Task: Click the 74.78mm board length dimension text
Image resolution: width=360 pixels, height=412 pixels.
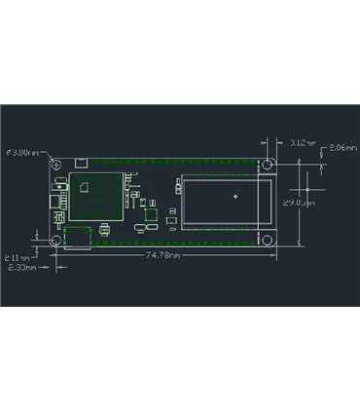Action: [x=163, y=255]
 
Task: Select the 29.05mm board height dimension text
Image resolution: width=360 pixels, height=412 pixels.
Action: [x=297, y=203]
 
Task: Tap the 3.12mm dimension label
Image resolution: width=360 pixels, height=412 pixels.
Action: [x=303, y=143]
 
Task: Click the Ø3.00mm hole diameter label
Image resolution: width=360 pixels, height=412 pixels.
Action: [x=23, y=153]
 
